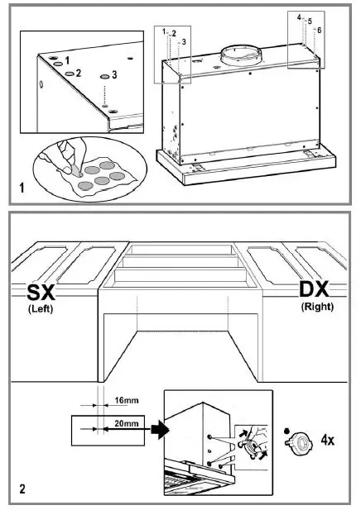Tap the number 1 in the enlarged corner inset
coord(68,60)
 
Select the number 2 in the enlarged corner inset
coord(79,74)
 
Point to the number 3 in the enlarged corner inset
coord(113,74)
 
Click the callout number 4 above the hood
coord(299,17)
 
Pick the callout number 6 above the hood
coord(320,30)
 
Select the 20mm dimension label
coord(126,422)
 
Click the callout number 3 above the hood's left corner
coord(183,41)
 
